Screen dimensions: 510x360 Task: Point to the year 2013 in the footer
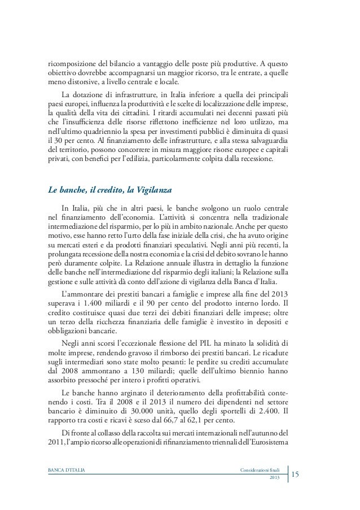274,478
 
